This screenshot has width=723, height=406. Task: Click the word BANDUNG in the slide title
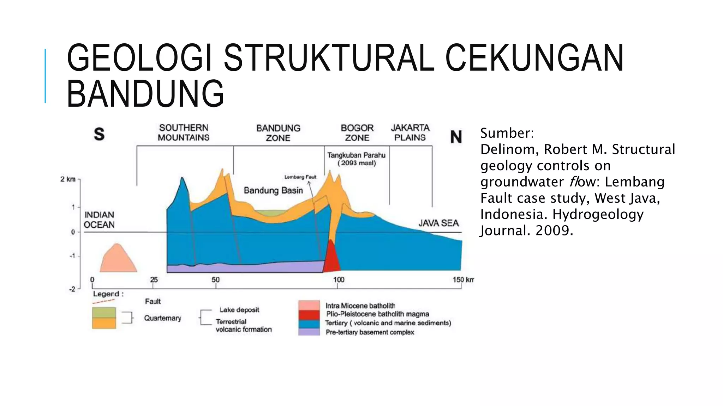click(145, 93)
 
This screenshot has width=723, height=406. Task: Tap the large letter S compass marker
click(99, 134)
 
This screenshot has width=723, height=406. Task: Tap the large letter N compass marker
click(456, 137)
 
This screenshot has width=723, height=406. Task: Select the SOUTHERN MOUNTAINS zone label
click(184, 133)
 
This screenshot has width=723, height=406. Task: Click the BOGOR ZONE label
click(357, 133)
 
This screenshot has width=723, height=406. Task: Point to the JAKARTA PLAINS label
click(410, 133)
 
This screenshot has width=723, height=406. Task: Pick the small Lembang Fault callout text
click(300, 177)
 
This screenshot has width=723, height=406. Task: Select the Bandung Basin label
click(273, 191)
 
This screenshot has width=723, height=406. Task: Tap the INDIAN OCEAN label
click(99, 220)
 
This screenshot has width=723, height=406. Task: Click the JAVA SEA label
click(438, 223)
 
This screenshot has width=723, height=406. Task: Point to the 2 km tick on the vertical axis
click(68, 179)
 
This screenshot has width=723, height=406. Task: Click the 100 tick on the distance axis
click(339, 280)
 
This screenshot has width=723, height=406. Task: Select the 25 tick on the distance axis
click(154, 280)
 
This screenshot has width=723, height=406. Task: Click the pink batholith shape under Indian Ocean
click(118, 259)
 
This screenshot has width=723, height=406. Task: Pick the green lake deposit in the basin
click(271, 213)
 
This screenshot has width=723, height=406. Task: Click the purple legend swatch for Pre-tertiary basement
click(309, 332)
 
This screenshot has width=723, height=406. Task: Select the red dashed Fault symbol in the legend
click(104, 301)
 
